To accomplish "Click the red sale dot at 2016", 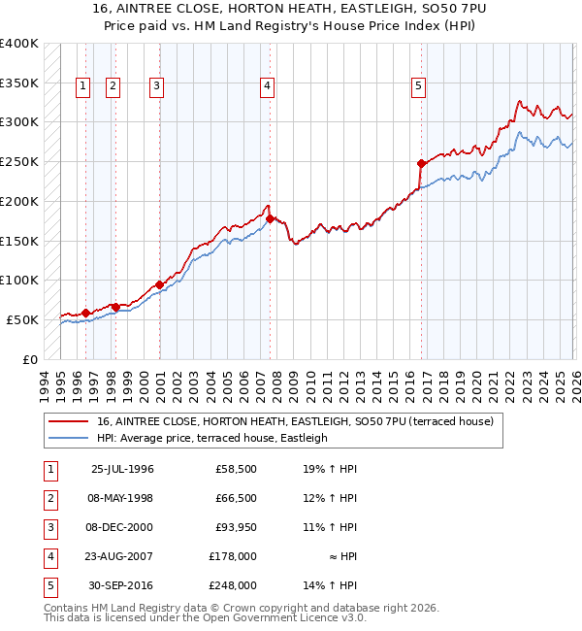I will click(421, 163).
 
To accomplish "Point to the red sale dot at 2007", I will click(270, 218).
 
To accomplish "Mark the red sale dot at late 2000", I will click(159, 285).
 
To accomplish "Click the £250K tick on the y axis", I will click(19, 161).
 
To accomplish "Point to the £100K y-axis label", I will click(19, 280).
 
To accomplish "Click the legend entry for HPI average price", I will click(211, 439).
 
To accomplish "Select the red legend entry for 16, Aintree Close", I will click(296, 422).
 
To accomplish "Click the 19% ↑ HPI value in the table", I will click(329, 469).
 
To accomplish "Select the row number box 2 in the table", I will click(48, 498).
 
